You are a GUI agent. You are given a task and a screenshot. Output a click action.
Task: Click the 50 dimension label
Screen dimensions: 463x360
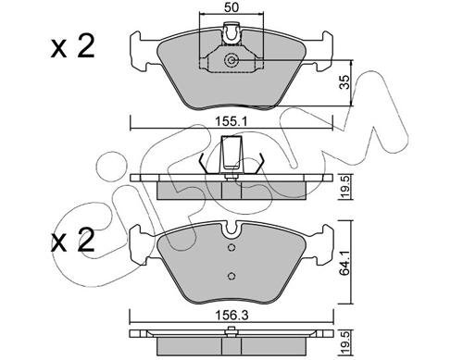[x=231, y=7]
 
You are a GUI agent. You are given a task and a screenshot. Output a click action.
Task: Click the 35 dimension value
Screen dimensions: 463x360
[x=345, y=82]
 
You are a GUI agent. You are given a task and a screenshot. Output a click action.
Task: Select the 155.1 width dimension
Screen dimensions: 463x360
[x=231, y=122]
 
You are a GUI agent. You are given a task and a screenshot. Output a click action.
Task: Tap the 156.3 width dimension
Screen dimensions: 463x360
[x=231, y=316]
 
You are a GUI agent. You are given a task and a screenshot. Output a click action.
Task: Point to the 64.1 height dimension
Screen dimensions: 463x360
[x=345, y=262]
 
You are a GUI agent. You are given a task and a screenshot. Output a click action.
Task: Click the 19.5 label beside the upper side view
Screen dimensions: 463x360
[x=345, y=187]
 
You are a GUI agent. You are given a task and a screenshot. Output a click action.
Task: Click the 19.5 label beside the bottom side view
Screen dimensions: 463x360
[x=345, y=342]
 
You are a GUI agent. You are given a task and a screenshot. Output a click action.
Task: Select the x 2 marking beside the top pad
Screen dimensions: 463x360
[x=73, y=47]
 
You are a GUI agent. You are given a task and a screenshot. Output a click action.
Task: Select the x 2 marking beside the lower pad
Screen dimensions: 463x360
[x=73, y=241]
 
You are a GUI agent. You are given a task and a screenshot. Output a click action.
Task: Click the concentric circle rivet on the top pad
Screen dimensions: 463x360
[x=231, y=60]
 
